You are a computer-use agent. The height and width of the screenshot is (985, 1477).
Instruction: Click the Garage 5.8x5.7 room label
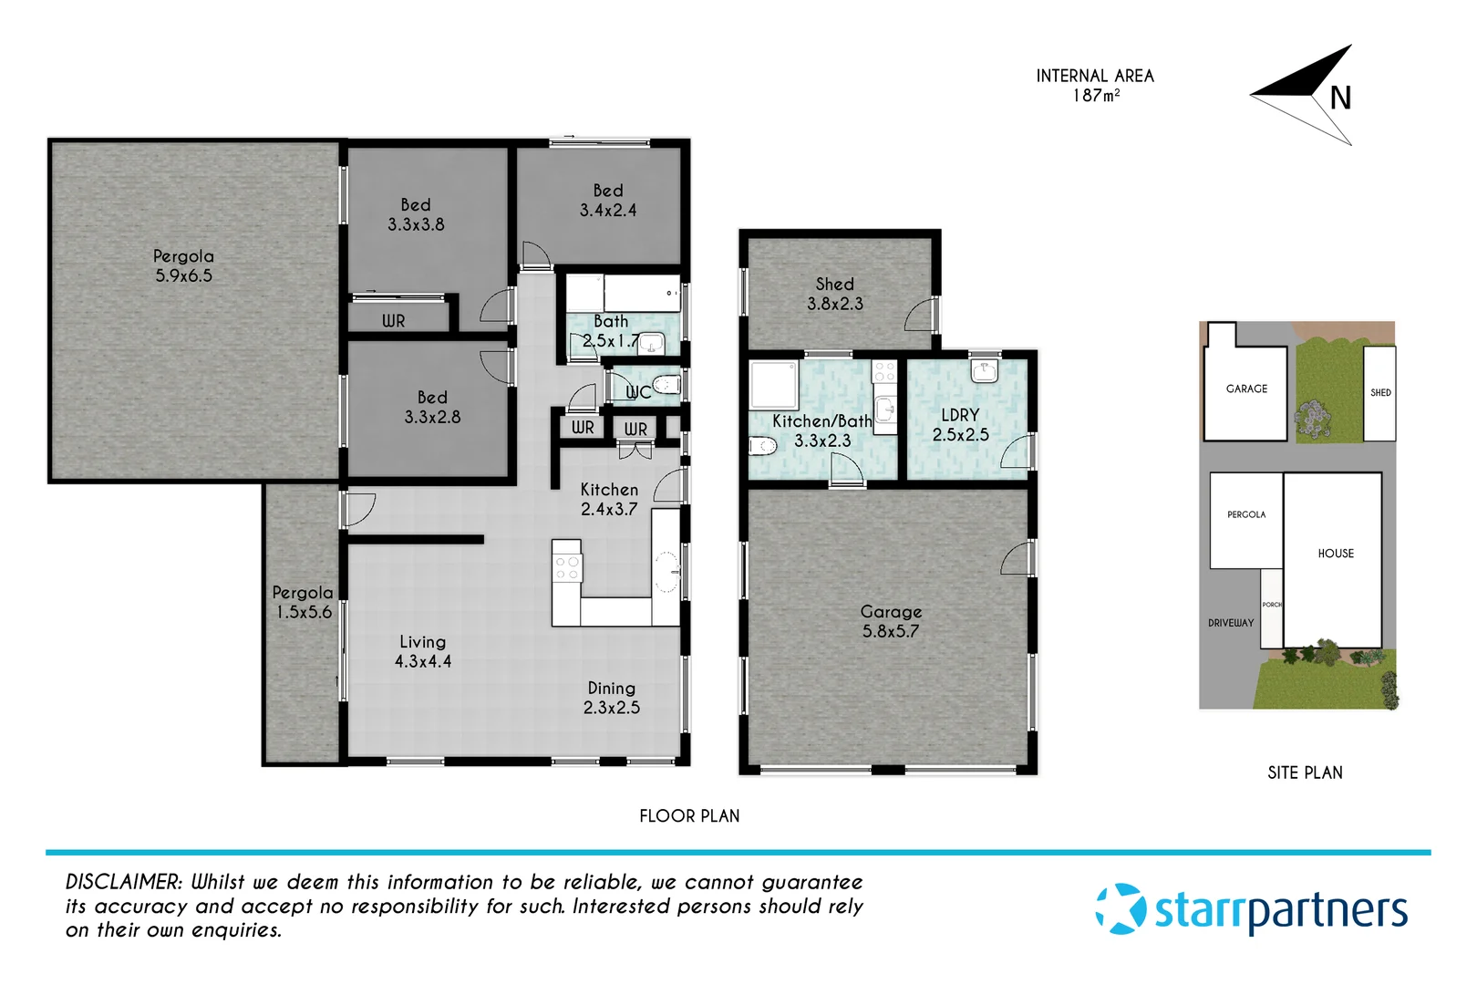click(891, 621)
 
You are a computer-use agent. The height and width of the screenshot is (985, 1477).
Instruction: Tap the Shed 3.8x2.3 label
click(834, 294)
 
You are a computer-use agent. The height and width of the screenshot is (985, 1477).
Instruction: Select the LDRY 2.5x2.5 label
click(960, 425)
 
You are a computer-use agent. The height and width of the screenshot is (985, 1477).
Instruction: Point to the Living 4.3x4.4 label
click(422, 651)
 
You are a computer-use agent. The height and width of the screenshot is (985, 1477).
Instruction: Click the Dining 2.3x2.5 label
click(611, 698)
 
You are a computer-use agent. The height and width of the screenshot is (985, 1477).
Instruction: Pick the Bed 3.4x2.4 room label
click(608, 200)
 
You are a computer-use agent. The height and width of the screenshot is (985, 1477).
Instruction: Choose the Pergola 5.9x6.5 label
click(183, 265)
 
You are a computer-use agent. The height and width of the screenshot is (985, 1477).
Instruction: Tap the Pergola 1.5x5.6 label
click(304, 602)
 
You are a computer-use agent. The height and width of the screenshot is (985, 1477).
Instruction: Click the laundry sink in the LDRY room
click(984, 371)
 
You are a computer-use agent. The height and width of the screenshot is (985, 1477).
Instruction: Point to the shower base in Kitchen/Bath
click(773, 384)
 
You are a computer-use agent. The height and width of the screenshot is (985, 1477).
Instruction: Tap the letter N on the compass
click(1339, 98)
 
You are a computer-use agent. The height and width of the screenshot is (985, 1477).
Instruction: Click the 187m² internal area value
click(1095, 96)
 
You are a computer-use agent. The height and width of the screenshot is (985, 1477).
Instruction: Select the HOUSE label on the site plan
click(1335, 554)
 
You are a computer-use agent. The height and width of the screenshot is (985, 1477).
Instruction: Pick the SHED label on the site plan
click(1380, 393)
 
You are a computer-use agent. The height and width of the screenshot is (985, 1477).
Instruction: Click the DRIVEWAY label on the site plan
click(1230, 623)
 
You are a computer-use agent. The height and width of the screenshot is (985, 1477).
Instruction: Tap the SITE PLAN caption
click(1305, 772)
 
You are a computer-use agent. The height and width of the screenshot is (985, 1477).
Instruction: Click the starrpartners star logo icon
click(1121, 908)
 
